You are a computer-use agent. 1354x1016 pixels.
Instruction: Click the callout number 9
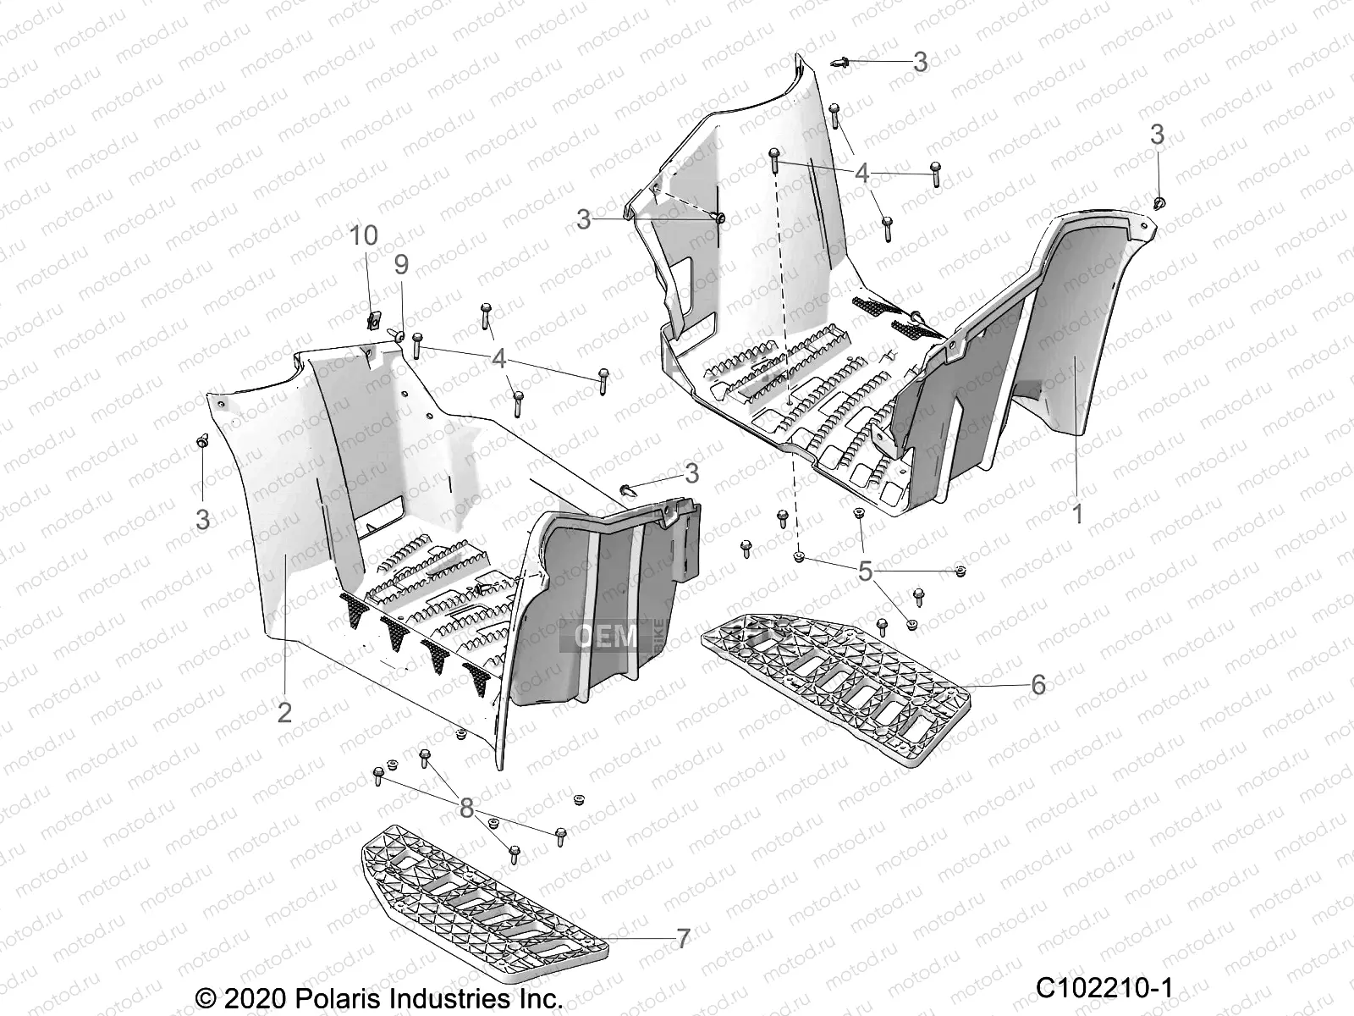[400, 265]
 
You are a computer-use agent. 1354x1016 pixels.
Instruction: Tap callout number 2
[284, 712]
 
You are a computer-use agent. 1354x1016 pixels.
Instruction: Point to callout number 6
[1038, 684]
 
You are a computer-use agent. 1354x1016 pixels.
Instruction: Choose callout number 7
[683, 939]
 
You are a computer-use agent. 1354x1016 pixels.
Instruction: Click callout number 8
[466, 809]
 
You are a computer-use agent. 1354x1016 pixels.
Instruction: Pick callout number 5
[865, 571]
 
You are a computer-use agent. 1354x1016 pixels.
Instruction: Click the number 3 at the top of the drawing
[920, 62]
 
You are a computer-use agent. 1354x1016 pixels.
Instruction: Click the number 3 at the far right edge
[1157, 134]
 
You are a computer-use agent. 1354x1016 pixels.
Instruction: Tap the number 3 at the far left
[202, 519]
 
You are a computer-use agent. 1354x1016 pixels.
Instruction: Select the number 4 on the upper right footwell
[861, 174]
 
